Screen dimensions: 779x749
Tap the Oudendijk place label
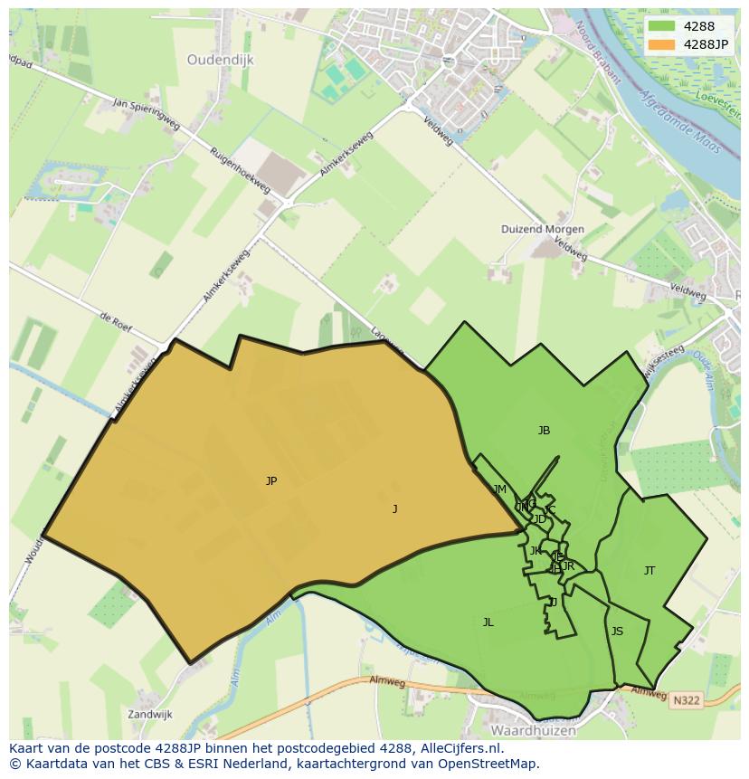point(221,60)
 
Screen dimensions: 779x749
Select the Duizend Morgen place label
point(543,230)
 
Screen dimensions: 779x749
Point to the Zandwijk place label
point(149,714)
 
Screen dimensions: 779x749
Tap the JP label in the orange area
point(271,481)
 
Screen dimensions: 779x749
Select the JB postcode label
point(544,431)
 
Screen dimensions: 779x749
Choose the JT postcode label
point(649,571)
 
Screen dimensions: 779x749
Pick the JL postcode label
point(488,622)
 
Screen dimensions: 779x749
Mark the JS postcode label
point(617,632)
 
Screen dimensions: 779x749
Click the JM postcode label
point(500,489)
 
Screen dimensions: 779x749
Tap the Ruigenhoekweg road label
point(240,170)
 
